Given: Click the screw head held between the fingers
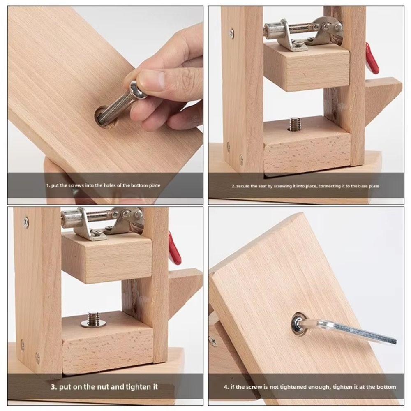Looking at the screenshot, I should pyautogui.click(x=138, y=88).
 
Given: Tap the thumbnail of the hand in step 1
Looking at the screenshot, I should pyautogui.click(x=152, y=80).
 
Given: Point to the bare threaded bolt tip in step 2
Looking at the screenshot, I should pyautogui.click(x=294, y=123).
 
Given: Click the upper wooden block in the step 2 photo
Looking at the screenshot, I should pyautogui.click(x=306, y=68).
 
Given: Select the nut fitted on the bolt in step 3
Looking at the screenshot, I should pyautogui.click(x=93, y=323).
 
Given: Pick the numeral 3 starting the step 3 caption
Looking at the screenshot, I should pyautogui.click(x=53, y=387).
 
